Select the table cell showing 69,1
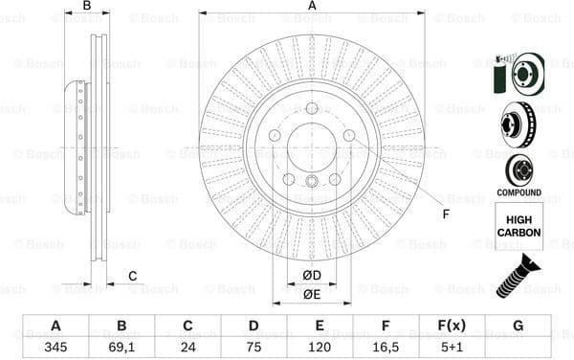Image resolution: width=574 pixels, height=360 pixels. coord(121,347)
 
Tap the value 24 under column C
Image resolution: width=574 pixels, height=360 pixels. coord(188,347)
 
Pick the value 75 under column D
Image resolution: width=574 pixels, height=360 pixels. coord(254,347)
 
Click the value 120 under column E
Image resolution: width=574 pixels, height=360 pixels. coord(320,347)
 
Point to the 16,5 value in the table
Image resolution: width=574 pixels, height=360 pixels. coord(386,347)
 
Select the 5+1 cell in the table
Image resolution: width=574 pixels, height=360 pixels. coord(452,347)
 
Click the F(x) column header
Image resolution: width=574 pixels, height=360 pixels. coord(452,326)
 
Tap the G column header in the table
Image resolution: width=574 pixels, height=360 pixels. coord(518,326)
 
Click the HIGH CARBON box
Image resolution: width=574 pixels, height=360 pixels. coord(519,227)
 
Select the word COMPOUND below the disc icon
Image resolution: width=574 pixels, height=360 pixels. coord(519,192)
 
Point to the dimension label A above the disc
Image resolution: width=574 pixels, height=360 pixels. coord(312,7)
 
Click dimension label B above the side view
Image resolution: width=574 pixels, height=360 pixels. coord(87,7)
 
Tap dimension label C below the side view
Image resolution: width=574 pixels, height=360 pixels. coord(132,277)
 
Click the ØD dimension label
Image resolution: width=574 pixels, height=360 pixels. coord(312,276)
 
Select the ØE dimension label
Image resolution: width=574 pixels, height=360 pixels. coord(312,294)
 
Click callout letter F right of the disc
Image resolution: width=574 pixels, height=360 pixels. coord(445,213)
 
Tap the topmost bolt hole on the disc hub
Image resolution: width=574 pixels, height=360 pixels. coord(312,108)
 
